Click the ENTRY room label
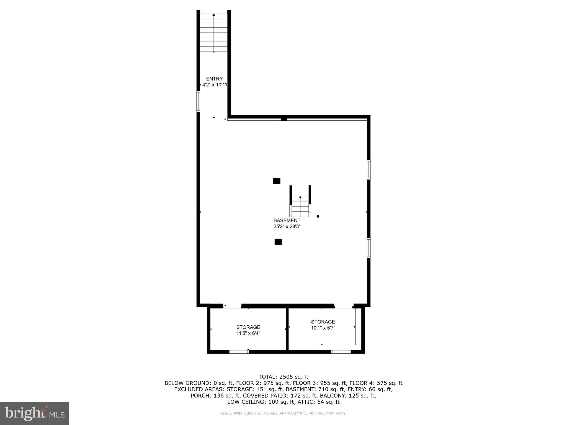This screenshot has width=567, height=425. [214, 79]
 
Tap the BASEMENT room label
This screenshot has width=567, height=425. [287, 221]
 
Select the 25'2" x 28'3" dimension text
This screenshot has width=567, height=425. [287, 226]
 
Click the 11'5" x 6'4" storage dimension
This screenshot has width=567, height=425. [248, 333]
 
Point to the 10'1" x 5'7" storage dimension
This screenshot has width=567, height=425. [323, 328]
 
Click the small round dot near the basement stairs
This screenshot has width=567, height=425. [318, 216]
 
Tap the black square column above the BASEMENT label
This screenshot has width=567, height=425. [277, 181]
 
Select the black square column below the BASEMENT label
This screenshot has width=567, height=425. [278, 242]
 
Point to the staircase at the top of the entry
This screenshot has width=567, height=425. [214, 33]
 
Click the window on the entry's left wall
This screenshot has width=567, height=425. [198, 102]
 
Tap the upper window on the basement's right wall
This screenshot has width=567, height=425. [368, 169]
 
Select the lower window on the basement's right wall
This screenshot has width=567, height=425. [368, 248]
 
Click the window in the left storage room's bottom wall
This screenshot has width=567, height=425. [239, 352]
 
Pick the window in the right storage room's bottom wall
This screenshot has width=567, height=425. [341, 352]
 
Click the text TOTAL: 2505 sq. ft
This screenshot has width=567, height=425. [283, 377]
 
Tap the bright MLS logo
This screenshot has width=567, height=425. [35, 413]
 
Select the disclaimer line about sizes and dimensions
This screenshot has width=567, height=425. [283, 413]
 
